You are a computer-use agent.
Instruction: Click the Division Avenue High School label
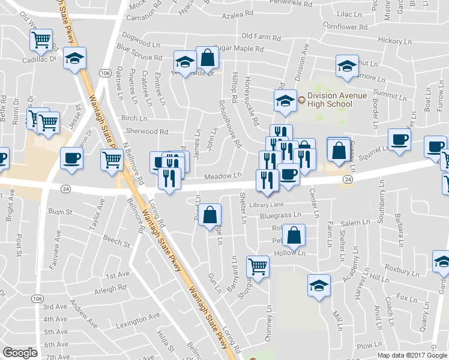click(x=329, y=100)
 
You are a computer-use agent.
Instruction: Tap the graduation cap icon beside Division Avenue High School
click(x=285, y=100)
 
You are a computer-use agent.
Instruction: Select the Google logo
click(x=20, y=353)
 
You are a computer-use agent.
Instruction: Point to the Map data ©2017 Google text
click(x=412, y=355)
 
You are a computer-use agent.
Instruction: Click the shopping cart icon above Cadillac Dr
click(x=41, y=40)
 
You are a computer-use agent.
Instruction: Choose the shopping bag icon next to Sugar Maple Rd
click(x=207, y=58)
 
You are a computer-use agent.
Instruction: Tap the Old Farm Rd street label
click(x=261, y=37)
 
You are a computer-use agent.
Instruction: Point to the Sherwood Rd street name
click(x=146, y=131)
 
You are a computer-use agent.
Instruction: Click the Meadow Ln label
click(x=222, y=176)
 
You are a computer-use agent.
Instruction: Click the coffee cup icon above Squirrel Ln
click(x=399, y=140)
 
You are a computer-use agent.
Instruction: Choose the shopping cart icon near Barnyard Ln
click(x=258, y=266)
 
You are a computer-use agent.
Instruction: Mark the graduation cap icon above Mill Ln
click(x=319, y=286)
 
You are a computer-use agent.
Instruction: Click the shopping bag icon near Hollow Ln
click(x=294, y=236)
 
